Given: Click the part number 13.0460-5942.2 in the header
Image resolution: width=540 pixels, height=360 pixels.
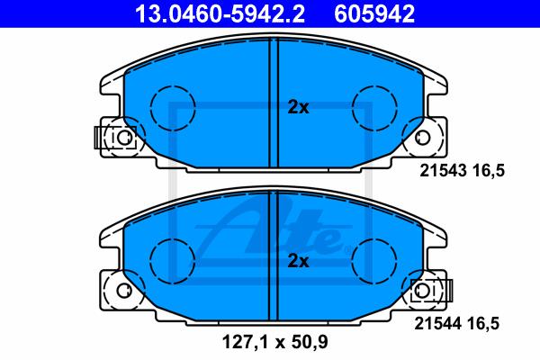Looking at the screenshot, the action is (x=220, y=14).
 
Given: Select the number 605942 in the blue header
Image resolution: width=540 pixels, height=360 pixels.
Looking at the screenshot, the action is (x=374, y=14).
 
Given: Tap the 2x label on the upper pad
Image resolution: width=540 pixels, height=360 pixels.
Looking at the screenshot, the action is (x=298, y=108).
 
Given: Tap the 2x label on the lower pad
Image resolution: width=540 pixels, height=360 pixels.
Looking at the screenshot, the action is (x=298, y=261).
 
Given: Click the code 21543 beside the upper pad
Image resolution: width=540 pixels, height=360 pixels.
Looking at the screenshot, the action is (x=443, y=170).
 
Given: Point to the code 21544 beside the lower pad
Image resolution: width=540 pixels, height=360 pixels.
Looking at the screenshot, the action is (x=437, y=323).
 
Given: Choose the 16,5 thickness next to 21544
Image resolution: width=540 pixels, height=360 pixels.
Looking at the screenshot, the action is (x=482, y=324).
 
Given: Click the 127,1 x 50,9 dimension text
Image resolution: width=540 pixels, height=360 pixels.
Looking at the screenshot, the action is (x=274, y=342).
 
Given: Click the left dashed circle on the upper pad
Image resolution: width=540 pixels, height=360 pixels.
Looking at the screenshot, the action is (x=150, y=108).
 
